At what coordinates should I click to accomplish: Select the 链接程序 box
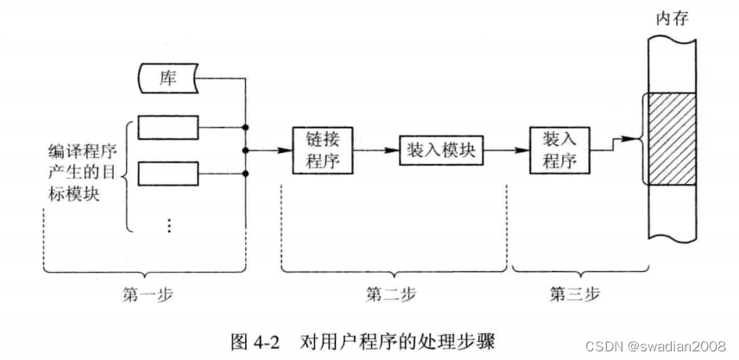tap(320, 150)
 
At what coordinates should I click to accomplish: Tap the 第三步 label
tap(572, 294)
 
